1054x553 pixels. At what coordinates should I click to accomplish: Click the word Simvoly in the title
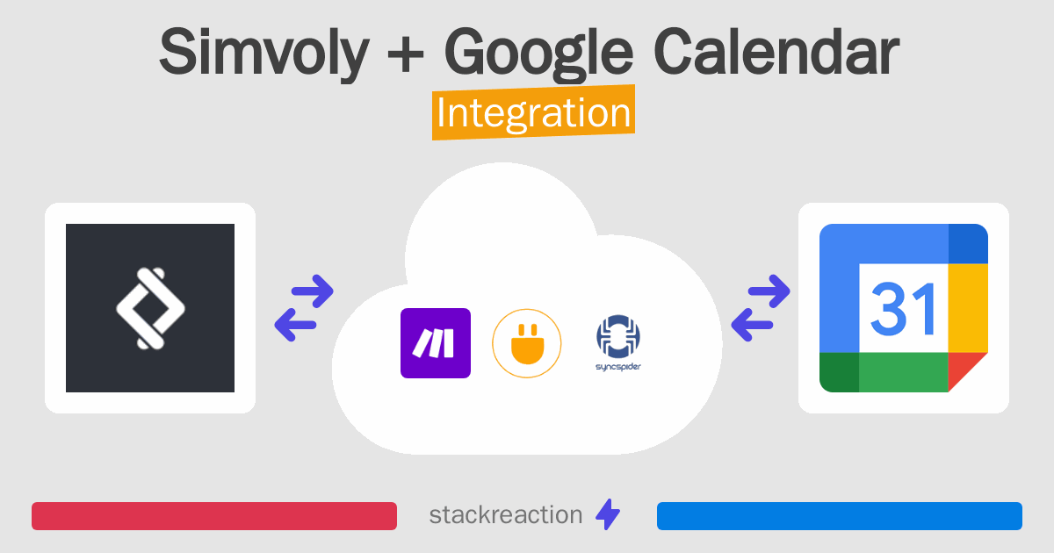[x=264, y=53]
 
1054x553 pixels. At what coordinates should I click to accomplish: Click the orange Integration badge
[x=533, y=113]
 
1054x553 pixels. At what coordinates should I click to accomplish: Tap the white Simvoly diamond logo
[x=150, y=308]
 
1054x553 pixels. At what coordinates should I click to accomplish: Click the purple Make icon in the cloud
[x=436, y=343]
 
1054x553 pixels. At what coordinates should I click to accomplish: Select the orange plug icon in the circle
[x=527, y=343]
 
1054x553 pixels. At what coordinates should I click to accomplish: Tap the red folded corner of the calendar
[x=968, y=371]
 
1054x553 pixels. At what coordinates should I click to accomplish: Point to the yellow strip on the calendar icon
[x=969, y=307]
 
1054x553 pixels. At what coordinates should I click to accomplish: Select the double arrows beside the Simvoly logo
[x=304, y=308]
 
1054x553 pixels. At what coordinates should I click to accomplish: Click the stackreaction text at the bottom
[x=505, y=515]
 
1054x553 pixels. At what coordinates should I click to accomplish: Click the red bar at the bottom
[x=214, y=516]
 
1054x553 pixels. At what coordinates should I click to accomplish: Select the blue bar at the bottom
[x=839, y=516]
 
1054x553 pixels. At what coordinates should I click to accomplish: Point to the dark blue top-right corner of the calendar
[x=969, y=243]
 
